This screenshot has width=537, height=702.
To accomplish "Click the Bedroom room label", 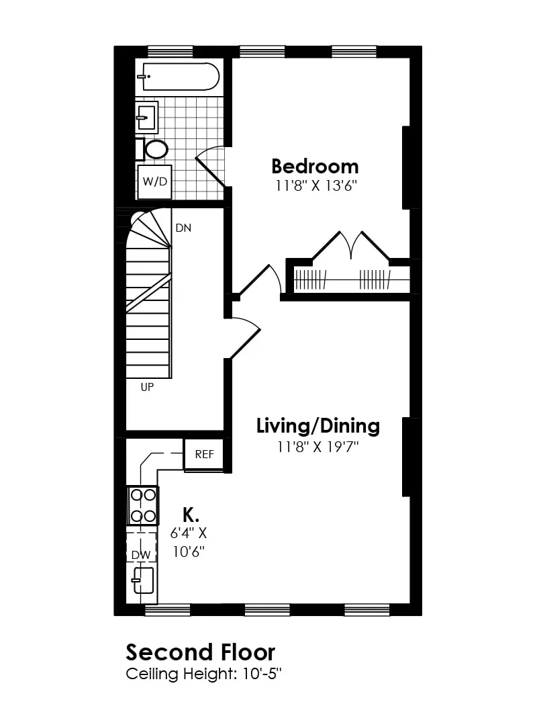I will point(315,166).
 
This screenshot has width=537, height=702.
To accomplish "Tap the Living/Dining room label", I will point(318,426).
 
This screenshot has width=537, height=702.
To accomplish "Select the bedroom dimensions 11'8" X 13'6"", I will point(315,186).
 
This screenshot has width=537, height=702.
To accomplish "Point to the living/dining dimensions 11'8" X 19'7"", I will point(318,447).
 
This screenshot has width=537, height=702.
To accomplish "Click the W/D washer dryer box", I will point(154,182).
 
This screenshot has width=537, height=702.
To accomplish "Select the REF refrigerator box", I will point(204,454).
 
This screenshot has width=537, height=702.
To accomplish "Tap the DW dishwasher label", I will point(140,555).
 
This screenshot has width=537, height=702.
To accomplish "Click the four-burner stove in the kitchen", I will point(143,505).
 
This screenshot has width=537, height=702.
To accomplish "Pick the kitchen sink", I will point(144,580).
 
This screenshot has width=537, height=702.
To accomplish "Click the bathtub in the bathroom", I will point(180,77).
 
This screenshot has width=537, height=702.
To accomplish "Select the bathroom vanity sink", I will point(146,118).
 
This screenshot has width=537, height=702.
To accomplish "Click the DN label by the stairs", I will point(183,228).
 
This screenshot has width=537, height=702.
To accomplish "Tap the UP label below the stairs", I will point(147,387).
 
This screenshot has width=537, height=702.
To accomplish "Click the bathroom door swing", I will point(211,165).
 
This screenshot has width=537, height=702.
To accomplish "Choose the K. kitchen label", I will point(191,515).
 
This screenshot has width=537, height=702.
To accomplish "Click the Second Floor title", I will point(200,652).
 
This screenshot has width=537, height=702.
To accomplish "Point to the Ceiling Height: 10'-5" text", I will point(203,673).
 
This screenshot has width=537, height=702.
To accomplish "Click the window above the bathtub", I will point(170,51).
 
